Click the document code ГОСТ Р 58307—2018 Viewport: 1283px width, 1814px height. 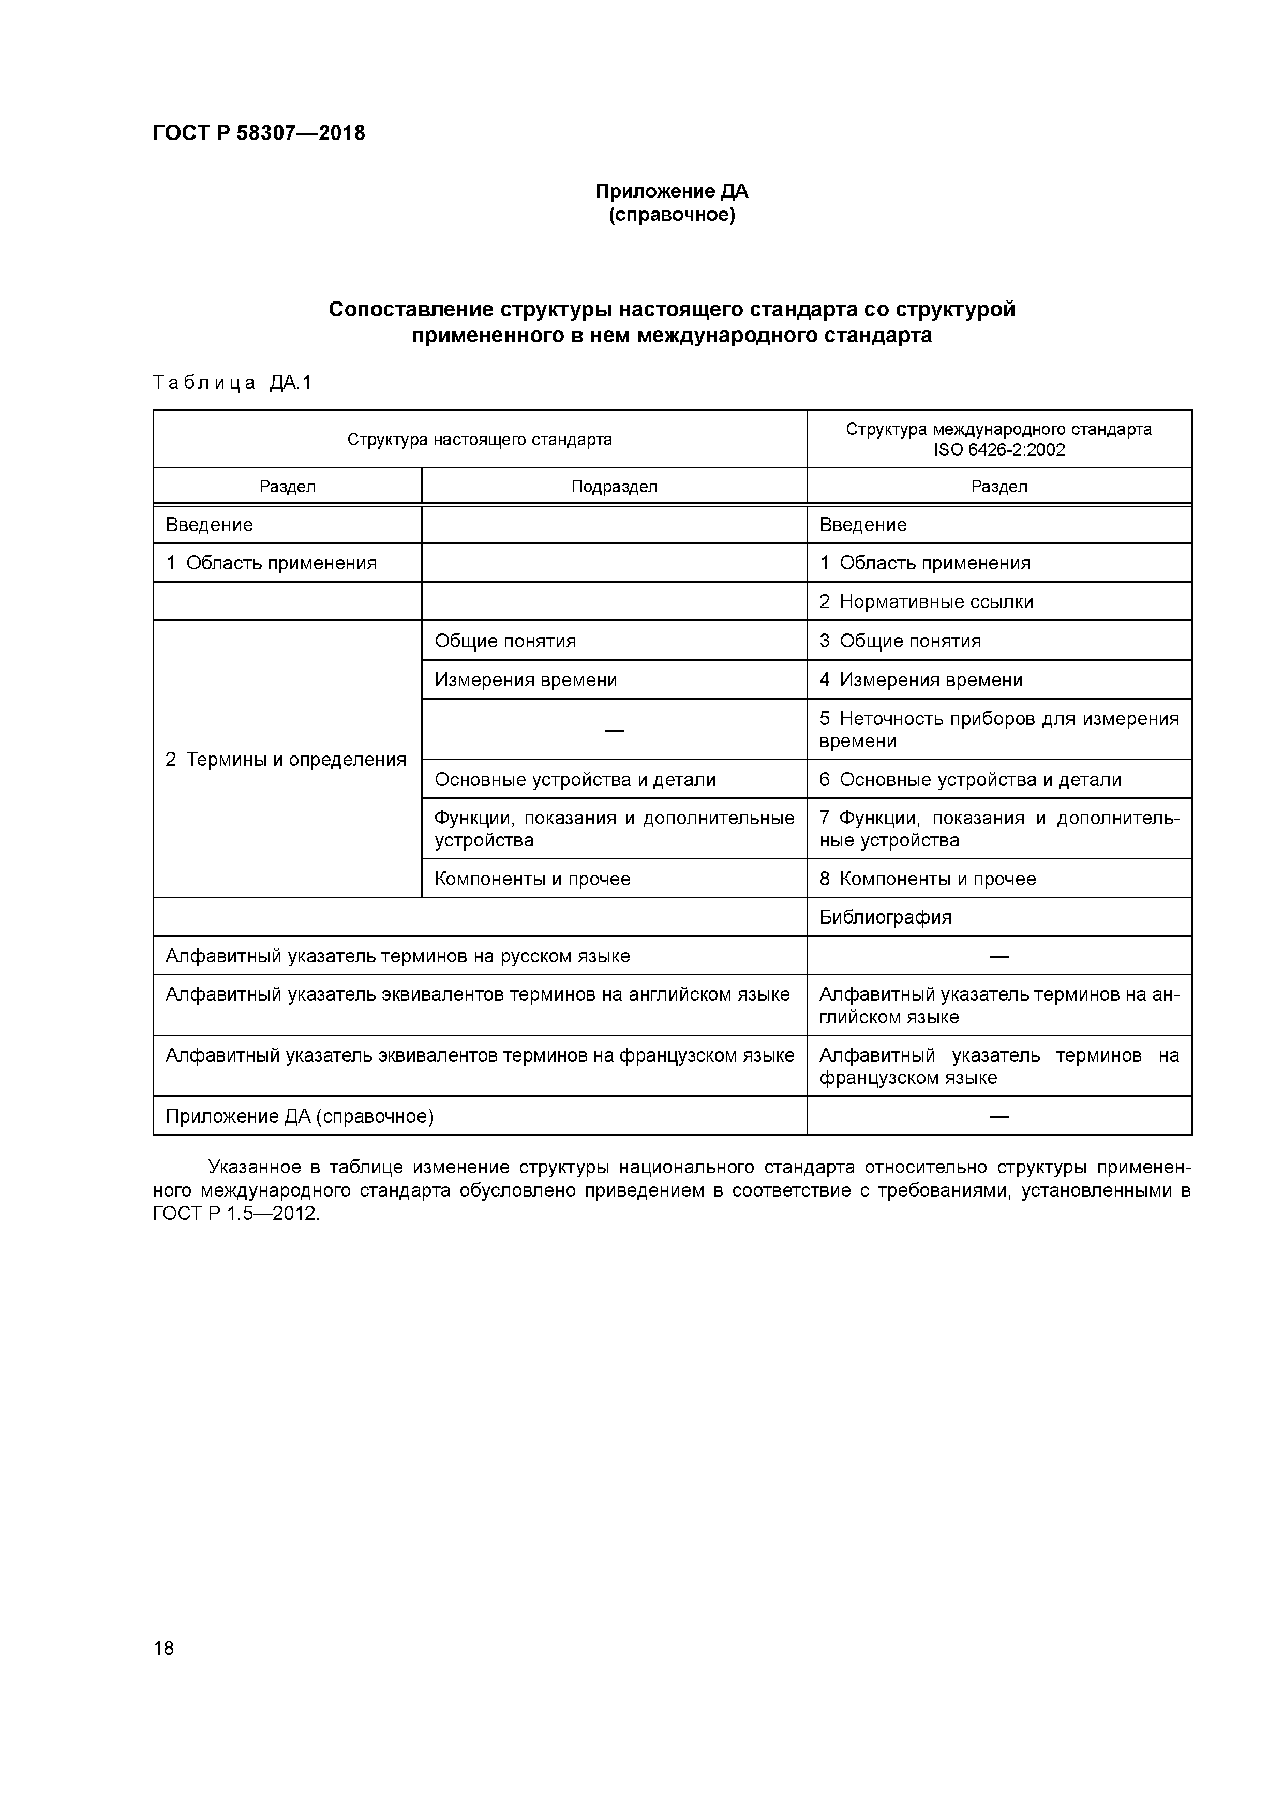[259, 133]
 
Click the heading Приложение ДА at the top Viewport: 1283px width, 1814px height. [671, 191]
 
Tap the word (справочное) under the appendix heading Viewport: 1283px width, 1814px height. [671, 215]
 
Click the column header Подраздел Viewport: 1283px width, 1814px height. [614, 487]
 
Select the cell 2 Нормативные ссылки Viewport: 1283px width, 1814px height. [926, 602]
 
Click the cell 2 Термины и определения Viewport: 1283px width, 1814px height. [286, 759]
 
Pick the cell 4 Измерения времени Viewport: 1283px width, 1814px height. [920, 679]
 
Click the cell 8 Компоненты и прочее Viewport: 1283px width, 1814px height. [927, 879]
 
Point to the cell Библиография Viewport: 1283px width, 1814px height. [885, 917]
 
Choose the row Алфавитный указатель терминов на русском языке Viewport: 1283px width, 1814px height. [398, 956]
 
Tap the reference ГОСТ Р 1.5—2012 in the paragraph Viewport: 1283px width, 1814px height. [235, 1214]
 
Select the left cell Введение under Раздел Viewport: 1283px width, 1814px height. [210, 525]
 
